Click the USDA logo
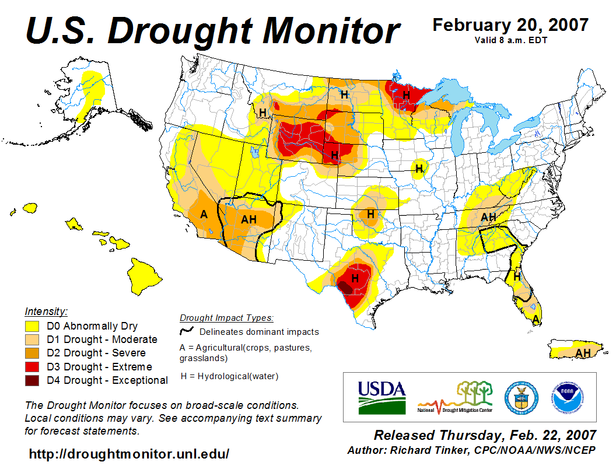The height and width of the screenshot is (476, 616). pyautogui.click(x=381, y=396)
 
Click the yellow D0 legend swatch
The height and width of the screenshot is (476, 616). pyautogui.click(x=32, y=326)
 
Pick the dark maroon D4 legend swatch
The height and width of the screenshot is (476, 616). pyautogui.click(x=32, y=380)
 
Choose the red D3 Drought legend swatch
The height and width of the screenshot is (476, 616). pyautogui.click(x=32, y=367)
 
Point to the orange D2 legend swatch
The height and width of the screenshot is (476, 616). pyautogui.click(x=32, y=353)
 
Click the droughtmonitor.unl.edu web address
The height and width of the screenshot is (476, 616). pyautogui.click(x=129, y=454)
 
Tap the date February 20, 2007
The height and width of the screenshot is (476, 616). pyautogui.click(x=510, y=26)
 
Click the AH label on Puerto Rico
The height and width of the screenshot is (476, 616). pyautogui.click(x=582, y=353)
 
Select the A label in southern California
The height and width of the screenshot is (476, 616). pyautogui.click(x=204, y=215)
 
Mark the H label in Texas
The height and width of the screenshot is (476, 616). pyautogui.click(x=354, y=279)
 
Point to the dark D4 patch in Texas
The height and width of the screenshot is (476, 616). pyautogui.click(x=345, y=287)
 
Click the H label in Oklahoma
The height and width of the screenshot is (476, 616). pyautogui.click(x=370, y=214)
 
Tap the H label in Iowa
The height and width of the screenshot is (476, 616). pyautogui.click(x=418, y=169)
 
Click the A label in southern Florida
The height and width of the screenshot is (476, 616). pyautogui.click(x=535, y=318)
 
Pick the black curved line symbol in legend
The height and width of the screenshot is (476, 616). pyautogui.click(x=187, y=331)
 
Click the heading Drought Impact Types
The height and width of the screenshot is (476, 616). pyautogui.click(x=226, y=318)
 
